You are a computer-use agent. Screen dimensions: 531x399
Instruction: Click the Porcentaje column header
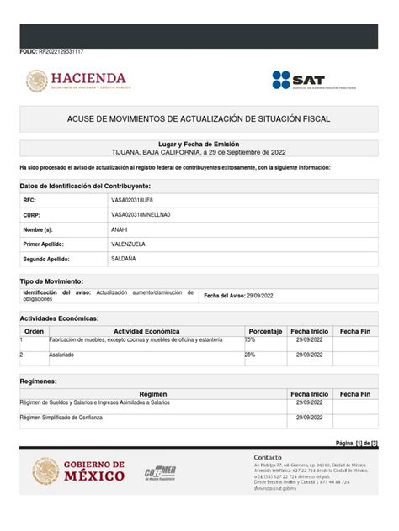pos(265,332)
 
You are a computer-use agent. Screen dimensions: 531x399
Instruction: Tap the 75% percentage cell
pos(250,340)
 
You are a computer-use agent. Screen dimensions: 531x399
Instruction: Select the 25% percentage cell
pos(250,355)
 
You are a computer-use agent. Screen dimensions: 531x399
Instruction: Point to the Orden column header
pos(34,332)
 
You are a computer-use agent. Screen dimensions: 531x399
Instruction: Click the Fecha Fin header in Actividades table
pos(355,332)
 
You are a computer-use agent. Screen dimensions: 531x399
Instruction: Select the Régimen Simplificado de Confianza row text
pos(61,417)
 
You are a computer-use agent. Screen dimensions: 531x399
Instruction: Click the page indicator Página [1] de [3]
pos(357,443)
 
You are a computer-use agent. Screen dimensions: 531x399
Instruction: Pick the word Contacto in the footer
pos(268,457)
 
